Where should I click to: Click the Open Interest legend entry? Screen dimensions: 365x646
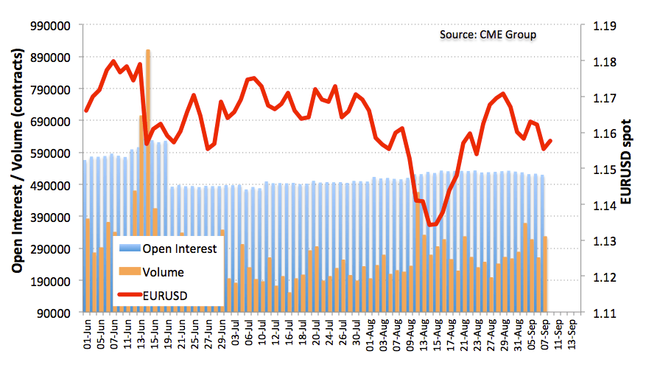(180, 248)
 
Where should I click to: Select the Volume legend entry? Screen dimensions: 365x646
(164, 272)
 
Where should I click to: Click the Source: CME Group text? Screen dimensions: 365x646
(488, 35)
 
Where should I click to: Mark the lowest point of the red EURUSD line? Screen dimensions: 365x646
(430, 225)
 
